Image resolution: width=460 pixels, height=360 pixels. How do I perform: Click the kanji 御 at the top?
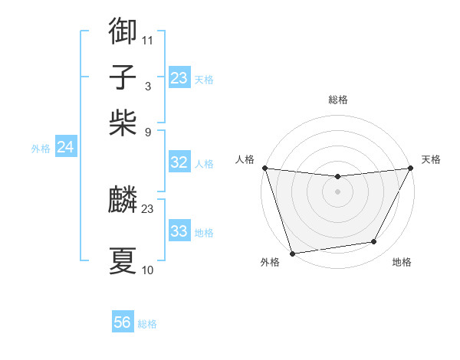point(123,31)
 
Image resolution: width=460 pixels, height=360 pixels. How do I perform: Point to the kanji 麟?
point(123,200)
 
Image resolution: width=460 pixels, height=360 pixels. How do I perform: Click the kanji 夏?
point(123,260)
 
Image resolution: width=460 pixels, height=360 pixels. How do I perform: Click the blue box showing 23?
point(179,78)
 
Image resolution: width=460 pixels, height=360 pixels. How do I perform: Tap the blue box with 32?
point(179,162)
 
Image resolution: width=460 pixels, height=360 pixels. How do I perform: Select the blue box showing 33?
point(179,231)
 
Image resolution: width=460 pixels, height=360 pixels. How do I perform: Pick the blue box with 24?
point(65,148)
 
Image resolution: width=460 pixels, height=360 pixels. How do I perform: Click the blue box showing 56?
point(123,322)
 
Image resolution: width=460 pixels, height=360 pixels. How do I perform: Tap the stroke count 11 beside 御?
point(147,40)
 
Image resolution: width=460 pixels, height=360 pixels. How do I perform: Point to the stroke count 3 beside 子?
point(147,85)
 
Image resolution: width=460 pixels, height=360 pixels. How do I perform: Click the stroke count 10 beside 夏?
point(147,270)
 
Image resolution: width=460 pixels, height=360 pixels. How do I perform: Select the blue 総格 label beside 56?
point(147,324)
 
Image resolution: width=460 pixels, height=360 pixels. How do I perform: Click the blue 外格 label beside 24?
point(41,149)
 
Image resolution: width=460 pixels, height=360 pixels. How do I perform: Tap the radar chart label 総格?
point(337,100)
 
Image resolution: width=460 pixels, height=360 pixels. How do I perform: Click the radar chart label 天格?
point(431,159)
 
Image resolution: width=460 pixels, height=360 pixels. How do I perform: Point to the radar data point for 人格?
point(264,168)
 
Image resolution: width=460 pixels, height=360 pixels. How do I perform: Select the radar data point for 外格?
point(292,253)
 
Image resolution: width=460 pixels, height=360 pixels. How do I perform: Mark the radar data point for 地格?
point(374,242)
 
